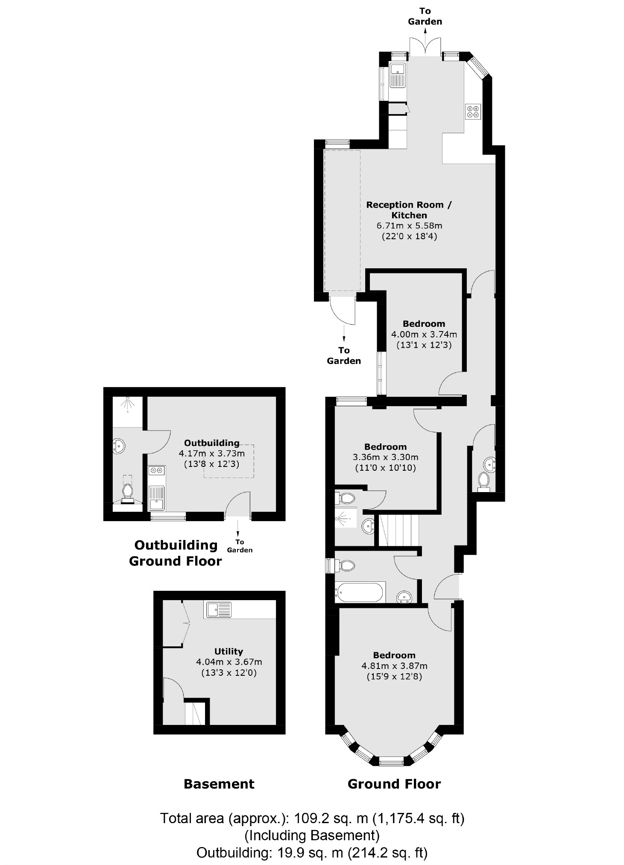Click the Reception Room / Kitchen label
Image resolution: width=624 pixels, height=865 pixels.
[x=409, y=210]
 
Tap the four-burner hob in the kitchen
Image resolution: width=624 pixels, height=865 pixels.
[x=473, y=111]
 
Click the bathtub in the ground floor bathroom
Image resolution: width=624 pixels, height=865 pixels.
[x=360, y=592]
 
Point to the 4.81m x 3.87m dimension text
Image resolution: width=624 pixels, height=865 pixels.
[x=394, y=666]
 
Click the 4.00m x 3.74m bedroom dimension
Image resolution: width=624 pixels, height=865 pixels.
[x=424, y=334]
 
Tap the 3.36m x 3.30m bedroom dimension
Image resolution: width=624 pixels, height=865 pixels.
[x=385, y=457]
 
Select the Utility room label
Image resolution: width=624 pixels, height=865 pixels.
[x=229, y=651]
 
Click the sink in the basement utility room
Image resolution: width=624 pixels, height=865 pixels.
[x=218, y=610]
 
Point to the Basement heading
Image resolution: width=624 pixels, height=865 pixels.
[x=219, y=784]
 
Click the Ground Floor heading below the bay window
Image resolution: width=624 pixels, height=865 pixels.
[x=394, y=784]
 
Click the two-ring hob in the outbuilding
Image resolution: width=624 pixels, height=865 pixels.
[x=156, y=470]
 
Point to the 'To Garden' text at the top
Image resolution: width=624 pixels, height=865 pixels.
[x=425, y=16]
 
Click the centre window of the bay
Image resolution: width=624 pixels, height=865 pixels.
[x=391, y=760]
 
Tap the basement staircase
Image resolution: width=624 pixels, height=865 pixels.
[x=195, y=715]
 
